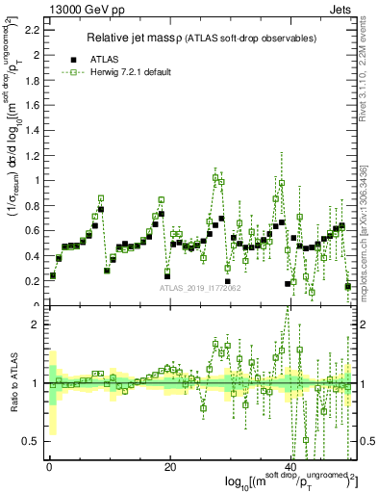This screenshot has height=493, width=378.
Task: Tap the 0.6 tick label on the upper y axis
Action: pyautogui.click(x=32, y=230)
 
